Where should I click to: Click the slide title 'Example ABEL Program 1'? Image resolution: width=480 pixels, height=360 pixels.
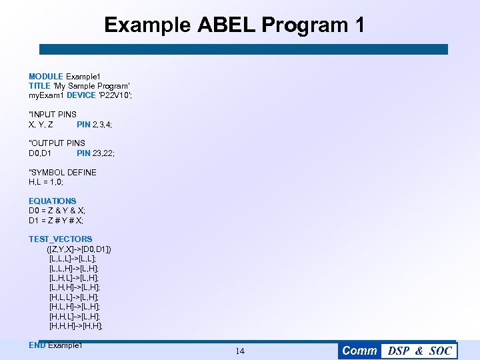[x=235, y=25]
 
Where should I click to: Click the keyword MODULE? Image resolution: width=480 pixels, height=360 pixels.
[x=46, y=77]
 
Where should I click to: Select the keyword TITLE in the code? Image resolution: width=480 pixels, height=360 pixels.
[x=39, y=86]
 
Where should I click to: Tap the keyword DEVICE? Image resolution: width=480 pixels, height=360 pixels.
[x=81, y=96]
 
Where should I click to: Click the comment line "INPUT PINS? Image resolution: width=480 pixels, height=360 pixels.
[x=53, y=115]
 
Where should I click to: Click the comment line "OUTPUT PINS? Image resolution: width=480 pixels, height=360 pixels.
[x=57, y=143]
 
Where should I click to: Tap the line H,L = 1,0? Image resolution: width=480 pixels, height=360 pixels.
[x=46, y=182]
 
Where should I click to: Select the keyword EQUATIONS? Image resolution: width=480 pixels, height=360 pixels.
[x=53, y=201]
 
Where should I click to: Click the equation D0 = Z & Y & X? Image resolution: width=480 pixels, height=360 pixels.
[x=57, y=211]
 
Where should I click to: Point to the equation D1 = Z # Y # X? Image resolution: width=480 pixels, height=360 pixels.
[x=57, y=220]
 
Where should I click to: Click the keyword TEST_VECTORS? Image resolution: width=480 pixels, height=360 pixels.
[x=61, y=239]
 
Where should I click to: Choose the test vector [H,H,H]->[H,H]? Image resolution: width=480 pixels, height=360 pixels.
[x=76, y=326]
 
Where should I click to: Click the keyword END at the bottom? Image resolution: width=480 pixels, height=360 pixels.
[x=37, y=345]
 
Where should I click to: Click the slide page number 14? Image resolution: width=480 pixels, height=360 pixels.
[x=240, y=351]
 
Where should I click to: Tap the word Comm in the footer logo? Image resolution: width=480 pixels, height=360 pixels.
[x=360, y=351]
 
